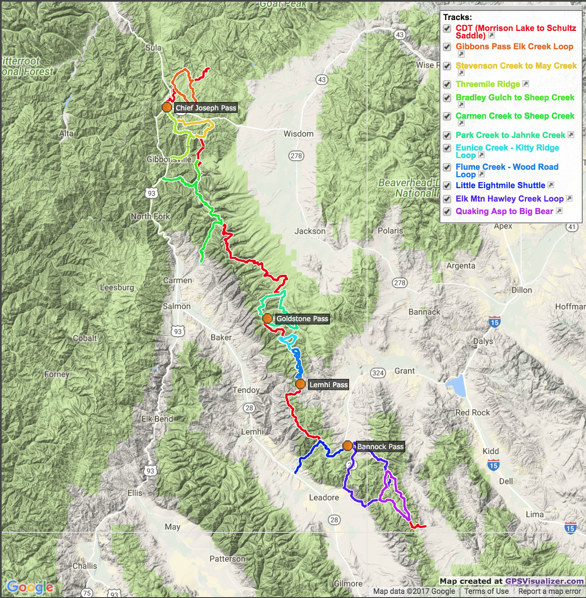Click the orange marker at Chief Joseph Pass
pyautogui.click(x=167, y=107)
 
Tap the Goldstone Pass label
pyautogui.click(x=302, y=319)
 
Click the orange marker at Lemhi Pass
pyautogui.click(x=300, y=384)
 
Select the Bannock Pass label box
pyautogui.click(x=380, y=447)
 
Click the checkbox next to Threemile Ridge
pyautogui.click(x=447, y=84)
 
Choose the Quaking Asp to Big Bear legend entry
pyautogui.click(x=504, y=211)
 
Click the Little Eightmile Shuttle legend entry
pyautogui.click(x=500, y=185)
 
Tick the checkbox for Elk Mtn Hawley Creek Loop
pyautogui.click(x=447, y=199)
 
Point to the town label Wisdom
pyautogui.click(x=298, y=134)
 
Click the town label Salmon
pyautogui.click(x=177, y=306)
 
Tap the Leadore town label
pyautogui.click(x=324, y=497)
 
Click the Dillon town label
pyautogui.click(x=522, y=290)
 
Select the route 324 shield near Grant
pyautogui.click(x=378, y=373)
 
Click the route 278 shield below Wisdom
pyautogui.click(x=296, y=156)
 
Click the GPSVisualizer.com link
pyautogui.click(x=544, y=581)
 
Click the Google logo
pyautogui.click(x=30, y=587)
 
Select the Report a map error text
pyautogui.click(x=549, y=591)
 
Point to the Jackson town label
pyautogui.click(x=310, y=231)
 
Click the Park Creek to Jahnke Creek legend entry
pyautogui.click(x=510, y=135)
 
